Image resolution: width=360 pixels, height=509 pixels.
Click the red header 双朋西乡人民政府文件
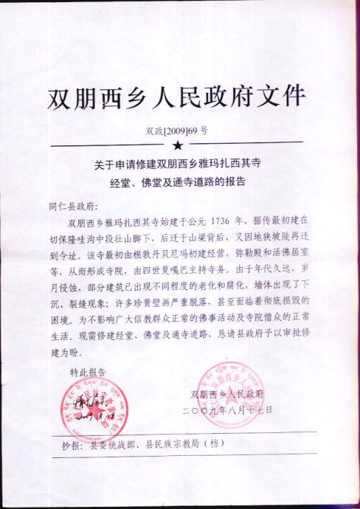(176, 97)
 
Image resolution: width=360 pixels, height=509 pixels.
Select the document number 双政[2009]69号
(178, 131)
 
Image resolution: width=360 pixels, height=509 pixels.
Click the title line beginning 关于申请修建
(178, 163)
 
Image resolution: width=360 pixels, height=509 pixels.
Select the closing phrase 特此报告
(88, 371)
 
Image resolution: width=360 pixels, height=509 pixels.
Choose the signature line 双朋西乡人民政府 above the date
(232, 395)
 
